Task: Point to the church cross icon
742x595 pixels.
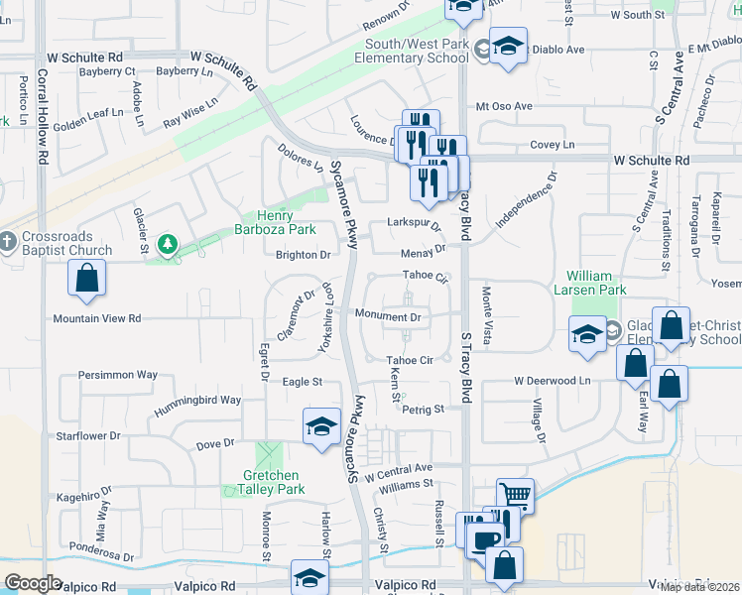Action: point(8,241)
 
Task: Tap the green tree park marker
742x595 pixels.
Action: point(168,244)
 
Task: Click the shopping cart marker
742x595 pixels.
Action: point(515,494)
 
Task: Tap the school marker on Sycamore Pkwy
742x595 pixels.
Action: point(320,427)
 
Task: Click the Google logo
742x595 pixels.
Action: point(33,583)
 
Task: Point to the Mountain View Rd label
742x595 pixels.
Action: point(97,318)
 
